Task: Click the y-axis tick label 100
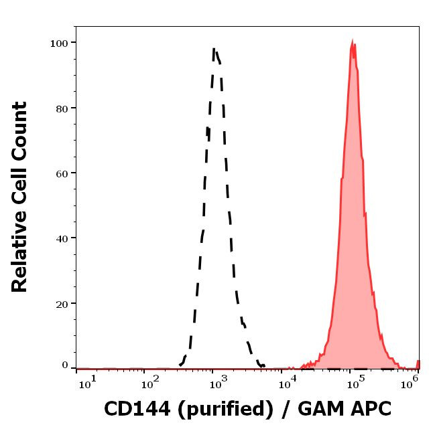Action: [59, 43]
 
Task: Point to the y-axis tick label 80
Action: [62, 108]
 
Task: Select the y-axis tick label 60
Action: [62, 173]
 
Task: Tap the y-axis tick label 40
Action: [62, 238]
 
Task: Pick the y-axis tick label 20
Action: [62, 303]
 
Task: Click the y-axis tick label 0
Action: [65, 365]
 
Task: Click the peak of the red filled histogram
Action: [353, 41]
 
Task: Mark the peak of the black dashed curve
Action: [214, 48]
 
